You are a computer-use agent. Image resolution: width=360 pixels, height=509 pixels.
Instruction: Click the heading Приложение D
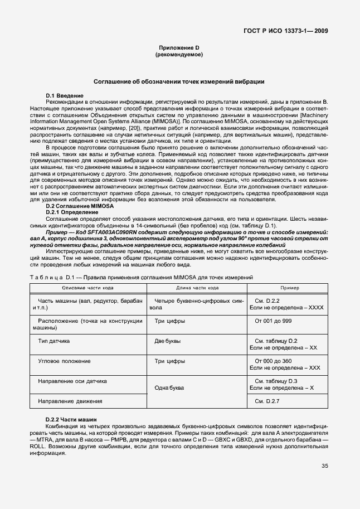point(179,48)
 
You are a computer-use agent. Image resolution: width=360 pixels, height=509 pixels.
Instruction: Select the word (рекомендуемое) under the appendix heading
point(179,55)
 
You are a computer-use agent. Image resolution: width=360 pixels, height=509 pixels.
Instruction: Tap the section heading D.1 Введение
point(65,96)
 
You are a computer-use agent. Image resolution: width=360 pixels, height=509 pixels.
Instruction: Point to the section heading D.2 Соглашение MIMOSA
point(72,206)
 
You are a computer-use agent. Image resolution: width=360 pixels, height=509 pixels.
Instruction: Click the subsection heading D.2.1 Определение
point(72,212)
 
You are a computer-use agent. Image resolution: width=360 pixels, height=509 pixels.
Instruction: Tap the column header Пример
point(289,288)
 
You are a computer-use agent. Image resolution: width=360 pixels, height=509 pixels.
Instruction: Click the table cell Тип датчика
point(53,340)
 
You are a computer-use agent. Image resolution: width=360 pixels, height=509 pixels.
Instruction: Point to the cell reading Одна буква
point(170,387)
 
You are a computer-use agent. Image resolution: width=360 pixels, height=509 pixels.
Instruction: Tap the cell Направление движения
point(70,401)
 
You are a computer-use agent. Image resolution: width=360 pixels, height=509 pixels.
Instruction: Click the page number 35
point(324,467)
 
